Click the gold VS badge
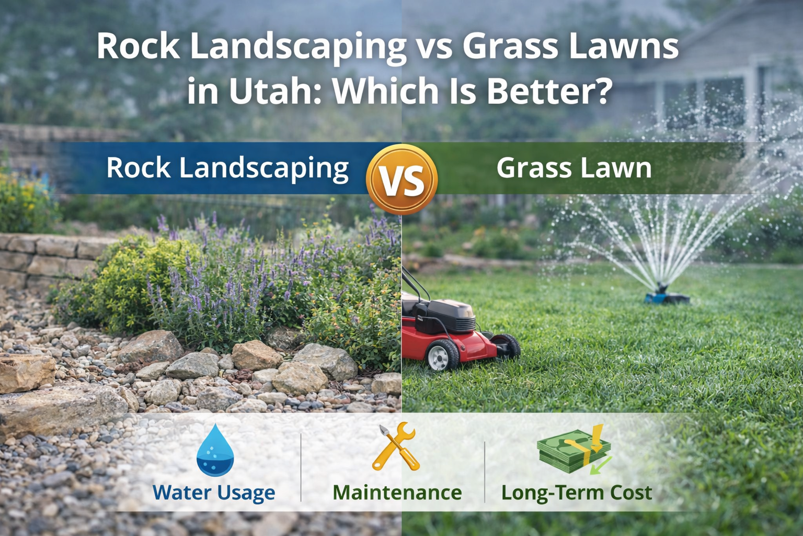(x=401, y=180)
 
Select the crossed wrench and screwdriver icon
(x=396, y=447)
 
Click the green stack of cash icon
(x=574, y=450)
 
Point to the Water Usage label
(x=214, y=493)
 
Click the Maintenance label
(x=397, y=493)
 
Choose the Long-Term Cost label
(x=576, y=493)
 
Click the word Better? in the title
(x=549, y=91)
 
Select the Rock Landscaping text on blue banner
(x=227, y=168)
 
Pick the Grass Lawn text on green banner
(x=573, y=168)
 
